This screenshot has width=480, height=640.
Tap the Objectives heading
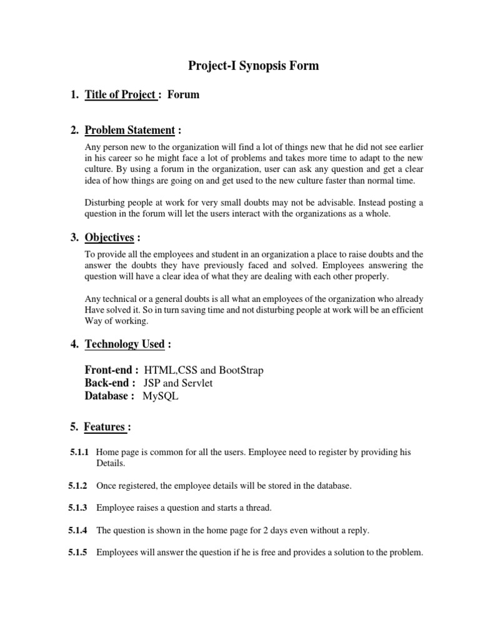click(x=109, y=237)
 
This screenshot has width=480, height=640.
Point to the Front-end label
click(x=111, y=370)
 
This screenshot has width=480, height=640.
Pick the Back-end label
click(x=110, y=383)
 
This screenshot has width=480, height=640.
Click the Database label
click(x=109, y=396)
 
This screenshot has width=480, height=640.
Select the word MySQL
click(x=160, y=396)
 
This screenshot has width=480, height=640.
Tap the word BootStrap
click(x=239, y=370)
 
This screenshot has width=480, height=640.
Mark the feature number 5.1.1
click(x=80, y=451)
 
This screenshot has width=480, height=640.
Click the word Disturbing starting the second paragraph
click(x=104, y=202)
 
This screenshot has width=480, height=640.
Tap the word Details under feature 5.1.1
click(x=111, y=464)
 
